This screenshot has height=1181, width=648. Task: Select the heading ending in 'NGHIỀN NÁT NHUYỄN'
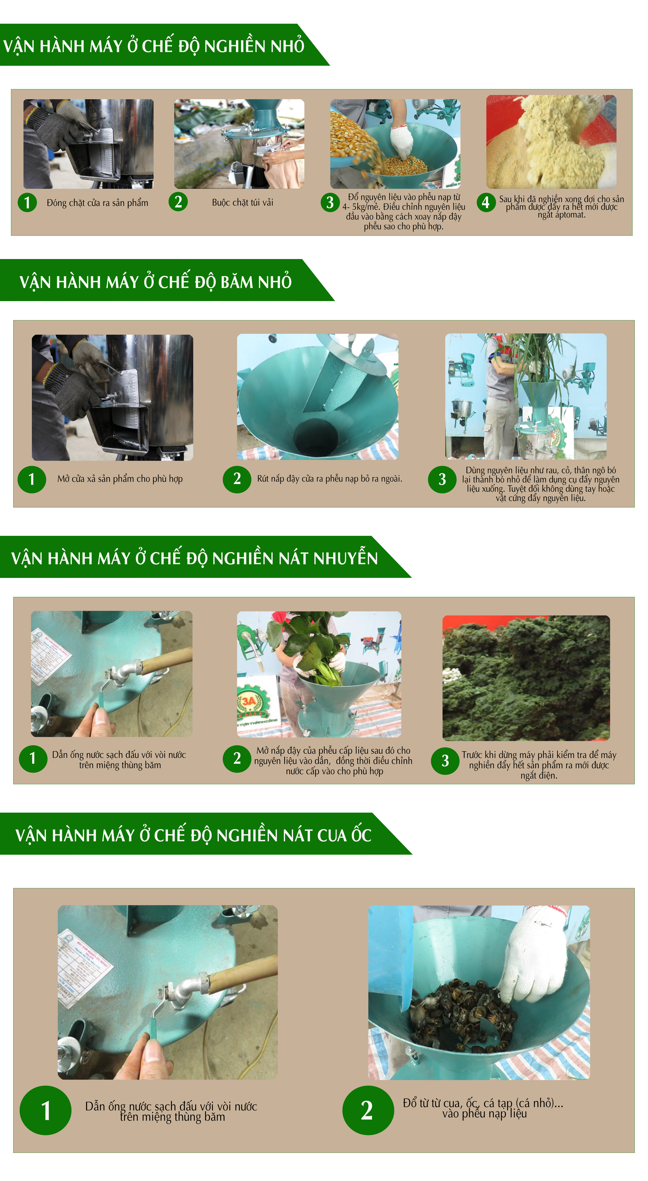(x=194, y=558)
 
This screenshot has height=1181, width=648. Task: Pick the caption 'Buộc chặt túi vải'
(x=243, y=202)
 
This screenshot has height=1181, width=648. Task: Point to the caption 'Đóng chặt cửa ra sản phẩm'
(x=97, y=203)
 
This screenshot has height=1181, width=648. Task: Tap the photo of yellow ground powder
(x=551, y=142)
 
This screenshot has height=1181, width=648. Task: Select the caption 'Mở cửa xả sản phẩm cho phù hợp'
(x=120, y=479)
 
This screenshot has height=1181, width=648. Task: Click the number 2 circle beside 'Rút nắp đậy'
(x=237, y=479)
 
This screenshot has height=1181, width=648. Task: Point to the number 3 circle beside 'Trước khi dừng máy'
(x=445, y=761)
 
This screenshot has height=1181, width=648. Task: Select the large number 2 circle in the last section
(x=368, y=1110)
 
